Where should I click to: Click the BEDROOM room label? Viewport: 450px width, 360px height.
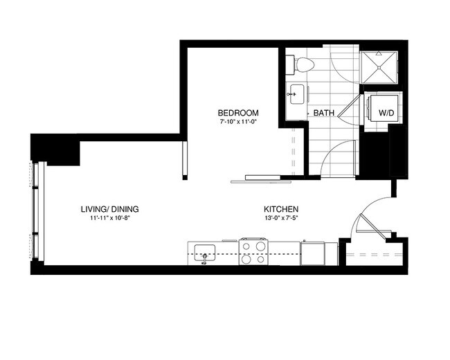tap(238, 113)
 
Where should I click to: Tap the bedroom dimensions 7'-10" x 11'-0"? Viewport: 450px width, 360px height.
tap(238, 122)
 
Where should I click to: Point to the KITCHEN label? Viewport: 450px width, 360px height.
tap(280, 209)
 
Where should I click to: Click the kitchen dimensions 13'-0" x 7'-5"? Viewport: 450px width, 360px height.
tap(280, 218)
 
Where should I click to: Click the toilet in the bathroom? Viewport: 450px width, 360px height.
tap(303, 64)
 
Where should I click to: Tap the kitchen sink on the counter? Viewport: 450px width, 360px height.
tap(204, 252)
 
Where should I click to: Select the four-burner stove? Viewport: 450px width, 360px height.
tap(253, 251)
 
